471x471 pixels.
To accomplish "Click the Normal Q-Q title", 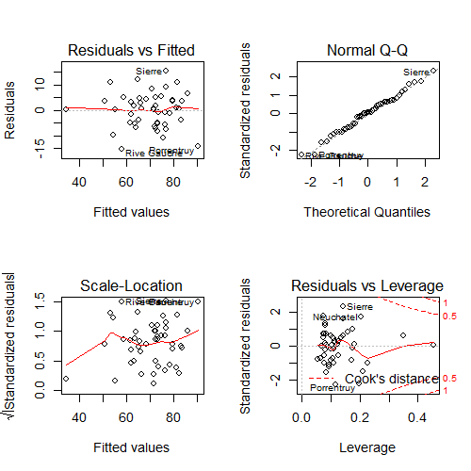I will [366, 50].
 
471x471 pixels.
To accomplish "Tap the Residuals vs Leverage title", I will [366, 285].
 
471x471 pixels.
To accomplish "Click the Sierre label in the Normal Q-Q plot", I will [415, 73].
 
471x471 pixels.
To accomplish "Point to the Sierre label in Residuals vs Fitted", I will [149, 72].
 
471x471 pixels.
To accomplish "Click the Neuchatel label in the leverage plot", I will [334, 317].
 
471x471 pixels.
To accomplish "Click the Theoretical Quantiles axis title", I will [366, 212].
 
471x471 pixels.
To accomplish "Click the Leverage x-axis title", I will [366, 447].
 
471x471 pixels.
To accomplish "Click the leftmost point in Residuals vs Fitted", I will [66, 108].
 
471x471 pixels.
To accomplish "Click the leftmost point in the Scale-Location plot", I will [66, 379].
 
